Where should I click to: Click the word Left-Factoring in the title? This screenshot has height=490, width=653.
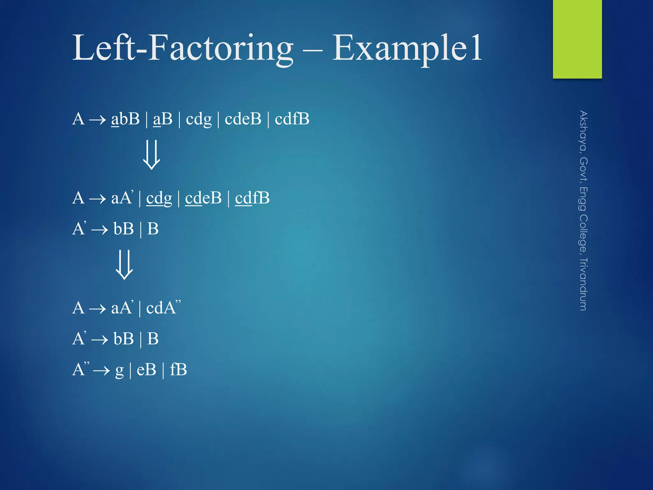pos(182,48)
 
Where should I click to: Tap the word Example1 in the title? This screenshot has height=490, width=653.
pos(407,48)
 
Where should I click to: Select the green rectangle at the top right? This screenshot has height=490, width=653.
pos(577,39)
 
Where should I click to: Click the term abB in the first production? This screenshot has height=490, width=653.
pos(125,119)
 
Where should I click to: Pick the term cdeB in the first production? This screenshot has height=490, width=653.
pos(243,119)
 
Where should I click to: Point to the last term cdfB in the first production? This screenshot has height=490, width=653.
pos(292,119)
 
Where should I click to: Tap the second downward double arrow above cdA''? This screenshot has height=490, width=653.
pos(124,264)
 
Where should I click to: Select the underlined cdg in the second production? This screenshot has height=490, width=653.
pos(159,198)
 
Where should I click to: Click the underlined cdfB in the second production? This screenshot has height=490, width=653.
pos(252,198)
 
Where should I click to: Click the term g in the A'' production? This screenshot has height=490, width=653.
pos(119,371)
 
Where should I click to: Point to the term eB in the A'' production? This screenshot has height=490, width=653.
pos(146,370)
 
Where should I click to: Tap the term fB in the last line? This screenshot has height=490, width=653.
pos(178,370)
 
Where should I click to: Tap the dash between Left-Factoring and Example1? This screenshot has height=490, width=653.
pos(313,50)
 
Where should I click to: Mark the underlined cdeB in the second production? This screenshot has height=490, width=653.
pos(203,198)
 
